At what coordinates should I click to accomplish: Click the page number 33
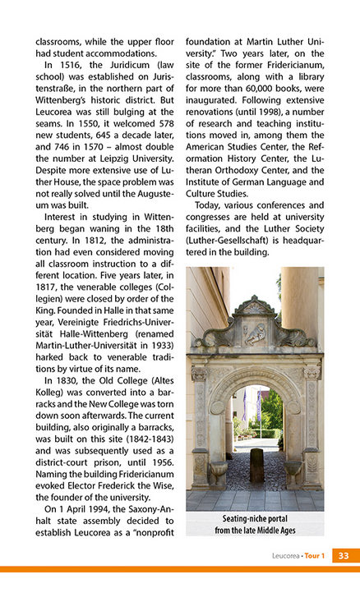pyautogui.click(x=344, y=556)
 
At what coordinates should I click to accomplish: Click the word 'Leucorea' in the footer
pyautogui.click(x=285, y=556)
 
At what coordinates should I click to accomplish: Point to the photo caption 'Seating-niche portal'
pyautogui.click(x=254, y=519)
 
